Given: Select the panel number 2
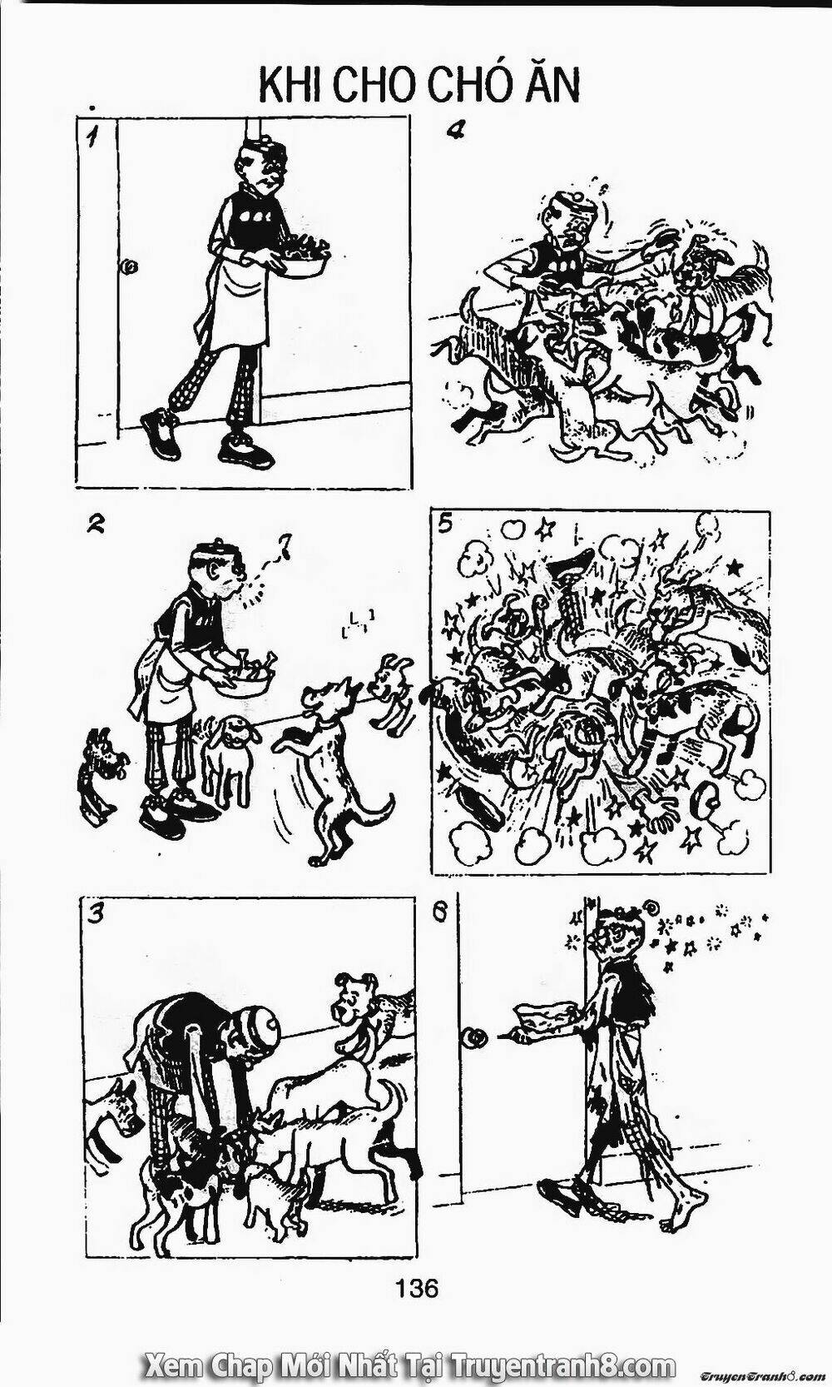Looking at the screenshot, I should click(97, 524).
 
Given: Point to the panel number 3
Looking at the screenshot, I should click(97, 914).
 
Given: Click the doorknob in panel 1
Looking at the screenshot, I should click(129, 267).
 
